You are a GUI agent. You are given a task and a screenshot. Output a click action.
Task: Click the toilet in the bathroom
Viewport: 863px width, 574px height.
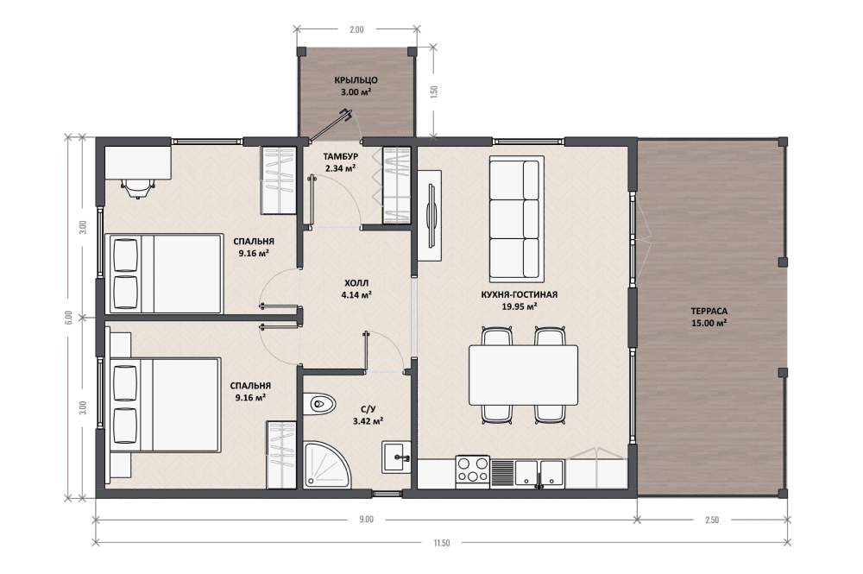(x=319, y=405)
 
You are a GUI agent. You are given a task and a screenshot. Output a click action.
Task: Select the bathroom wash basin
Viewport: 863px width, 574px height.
(x=397, y=457)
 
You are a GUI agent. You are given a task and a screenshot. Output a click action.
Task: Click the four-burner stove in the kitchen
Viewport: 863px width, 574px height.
(x=472, y=470)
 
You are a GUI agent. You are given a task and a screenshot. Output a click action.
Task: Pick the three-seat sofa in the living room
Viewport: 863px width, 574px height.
(x=516, y=219)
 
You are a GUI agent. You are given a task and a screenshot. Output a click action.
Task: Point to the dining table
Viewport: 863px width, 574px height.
(x=524, y=375)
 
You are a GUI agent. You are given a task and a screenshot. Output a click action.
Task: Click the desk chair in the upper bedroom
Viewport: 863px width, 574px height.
(x=136, y=187)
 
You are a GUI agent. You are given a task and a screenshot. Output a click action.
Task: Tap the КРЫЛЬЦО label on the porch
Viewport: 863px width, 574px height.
(x=356, y=80)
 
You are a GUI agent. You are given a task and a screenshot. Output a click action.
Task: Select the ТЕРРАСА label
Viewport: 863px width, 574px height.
(x=709, y=312)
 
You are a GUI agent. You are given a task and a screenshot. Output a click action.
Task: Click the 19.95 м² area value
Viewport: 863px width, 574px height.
(x=520, y=306)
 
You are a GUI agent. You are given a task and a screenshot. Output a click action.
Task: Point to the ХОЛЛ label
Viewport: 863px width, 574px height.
(x=356, y=283)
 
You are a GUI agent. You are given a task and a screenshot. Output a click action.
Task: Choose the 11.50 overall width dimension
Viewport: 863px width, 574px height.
(x=441, y=543)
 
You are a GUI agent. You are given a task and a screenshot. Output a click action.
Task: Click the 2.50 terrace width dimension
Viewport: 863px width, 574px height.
(x=712, y=520)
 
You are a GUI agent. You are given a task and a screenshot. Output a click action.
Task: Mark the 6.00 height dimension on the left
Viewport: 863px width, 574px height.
(x=67, y=318)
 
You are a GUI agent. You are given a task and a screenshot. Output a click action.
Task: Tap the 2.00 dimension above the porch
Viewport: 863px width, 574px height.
(x=356, y=29)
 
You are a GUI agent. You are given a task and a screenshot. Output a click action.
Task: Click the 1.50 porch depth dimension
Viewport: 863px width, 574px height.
(x=434, y=91)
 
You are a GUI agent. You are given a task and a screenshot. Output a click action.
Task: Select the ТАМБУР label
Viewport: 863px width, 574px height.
(x=341, y=157)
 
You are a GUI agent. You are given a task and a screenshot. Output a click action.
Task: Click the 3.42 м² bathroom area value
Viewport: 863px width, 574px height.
(x=369, y=421)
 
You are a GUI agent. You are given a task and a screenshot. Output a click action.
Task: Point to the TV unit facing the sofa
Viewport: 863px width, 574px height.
(x=429, y=215)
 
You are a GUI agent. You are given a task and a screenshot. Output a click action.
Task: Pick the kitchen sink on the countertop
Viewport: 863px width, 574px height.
(x=539, y=473)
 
